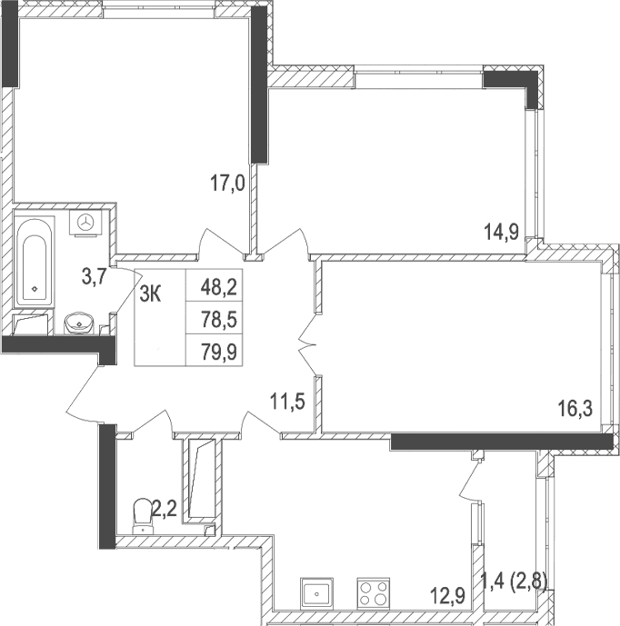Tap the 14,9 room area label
pyautogui.click(x=501, y=232)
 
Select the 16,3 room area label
pyautogui.click(x=575, y=409)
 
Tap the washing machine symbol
pyautogui.click(x=87, y=222)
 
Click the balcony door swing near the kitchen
pyautogui.click(x=469, y=477)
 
